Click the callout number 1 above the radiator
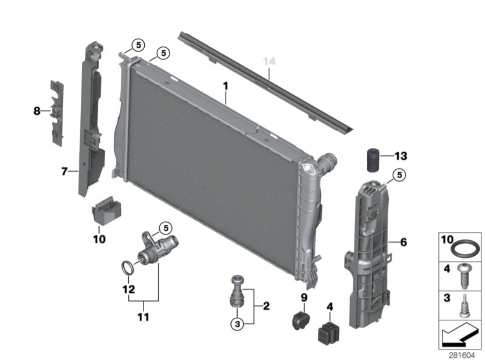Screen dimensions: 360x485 pos(226,85)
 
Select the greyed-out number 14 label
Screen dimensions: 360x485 pos(269,61)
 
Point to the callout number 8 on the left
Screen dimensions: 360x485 pos(37,111)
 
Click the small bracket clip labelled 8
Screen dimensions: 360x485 pos(57,112)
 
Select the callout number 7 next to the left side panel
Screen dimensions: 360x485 pos(64,171)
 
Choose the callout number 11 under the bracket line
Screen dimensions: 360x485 pos(143,317)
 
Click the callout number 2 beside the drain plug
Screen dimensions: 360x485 pos(266,307)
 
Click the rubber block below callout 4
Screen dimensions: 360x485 pos(329,331)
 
